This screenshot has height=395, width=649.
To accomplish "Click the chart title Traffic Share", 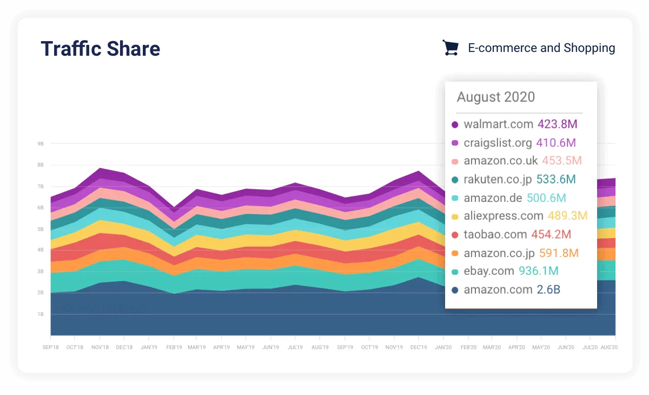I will (101, 49).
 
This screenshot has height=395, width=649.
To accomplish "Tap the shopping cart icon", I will (451, 48).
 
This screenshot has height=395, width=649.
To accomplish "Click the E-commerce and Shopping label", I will (541, 48).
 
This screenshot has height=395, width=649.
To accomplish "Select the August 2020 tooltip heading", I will (495, 97).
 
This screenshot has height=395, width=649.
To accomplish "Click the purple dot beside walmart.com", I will (455, 125).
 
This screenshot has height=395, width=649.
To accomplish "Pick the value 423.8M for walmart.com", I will (557, 124).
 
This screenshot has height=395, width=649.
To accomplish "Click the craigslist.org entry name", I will (498, 143).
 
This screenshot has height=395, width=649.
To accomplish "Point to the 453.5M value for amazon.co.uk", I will (561, 161).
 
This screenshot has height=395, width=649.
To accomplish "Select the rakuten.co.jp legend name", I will (498, 180).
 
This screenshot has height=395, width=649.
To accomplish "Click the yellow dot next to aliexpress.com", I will (455, 217).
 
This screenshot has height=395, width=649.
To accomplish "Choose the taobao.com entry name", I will (495, 235).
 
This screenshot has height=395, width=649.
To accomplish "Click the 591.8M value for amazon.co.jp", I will (559, 253).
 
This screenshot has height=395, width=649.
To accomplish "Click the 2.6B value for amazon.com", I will (548, 290).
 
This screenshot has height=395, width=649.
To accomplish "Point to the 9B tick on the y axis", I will (41, 144).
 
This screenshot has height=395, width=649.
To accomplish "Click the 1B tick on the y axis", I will (41, 314).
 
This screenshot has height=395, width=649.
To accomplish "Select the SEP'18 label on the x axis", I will (51, 347).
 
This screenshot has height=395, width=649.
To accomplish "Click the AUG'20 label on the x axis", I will (609, 347).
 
